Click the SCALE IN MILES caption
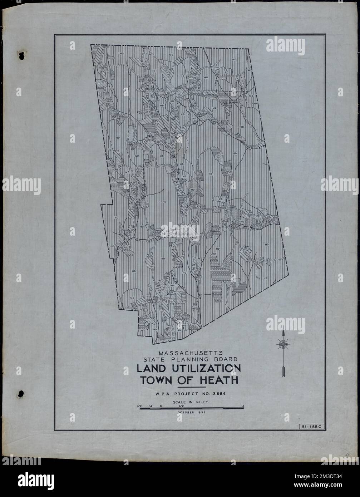(189, 402)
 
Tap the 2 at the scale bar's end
(243, 406)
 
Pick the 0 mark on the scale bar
(161, 406)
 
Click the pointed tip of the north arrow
(283, 329)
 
